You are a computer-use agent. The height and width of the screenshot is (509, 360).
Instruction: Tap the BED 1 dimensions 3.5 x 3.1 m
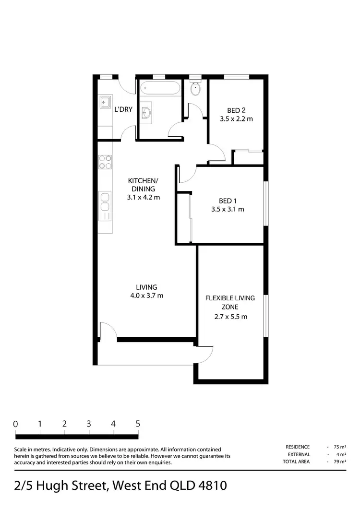click(228, 209)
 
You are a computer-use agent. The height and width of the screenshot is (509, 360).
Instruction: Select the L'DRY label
click(123, 109)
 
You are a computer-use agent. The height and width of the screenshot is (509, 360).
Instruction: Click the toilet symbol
click(195, 89)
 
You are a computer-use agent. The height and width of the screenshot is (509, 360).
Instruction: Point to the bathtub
click(160, 88)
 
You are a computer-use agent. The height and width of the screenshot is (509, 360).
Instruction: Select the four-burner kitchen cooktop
click(105, 162)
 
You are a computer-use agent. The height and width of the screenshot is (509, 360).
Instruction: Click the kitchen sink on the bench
click(105, 202)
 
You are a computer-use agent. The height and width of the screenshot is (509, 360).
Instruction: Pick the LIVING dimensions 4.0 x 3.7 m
click(146, 296)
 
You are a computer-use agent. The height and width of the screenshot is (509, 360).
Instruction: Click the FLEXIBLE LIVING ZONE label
click(230, 302)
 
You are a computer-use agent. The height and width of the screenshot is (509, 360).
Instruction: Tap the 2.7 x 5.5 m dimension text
click(230, 317)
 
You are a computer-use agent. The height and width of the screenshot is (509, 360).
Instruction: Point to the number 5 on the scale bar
click(138, 424)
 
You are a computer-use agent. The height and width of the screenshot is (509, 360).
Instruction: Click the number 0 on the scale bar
click(16, 424)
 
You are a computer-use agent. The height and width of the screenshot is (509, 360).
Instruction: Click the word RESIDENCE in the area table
click(298, 447)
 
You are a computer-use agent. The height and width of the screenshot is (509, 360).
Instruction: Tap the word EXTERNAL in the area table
click(299, 454)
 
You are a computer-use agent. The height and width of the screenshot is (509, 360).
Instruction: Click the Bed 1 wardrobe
click(183, 218)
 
